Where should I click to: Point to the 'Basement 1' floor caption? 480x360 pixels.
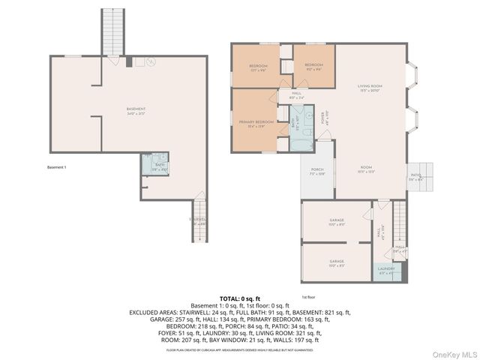tap(57, 166)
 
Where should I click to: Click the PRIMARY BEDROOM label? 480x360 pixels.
tap(256, 124)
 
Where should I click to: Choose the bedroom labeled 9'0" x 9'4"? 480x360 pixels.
tap(313, 67)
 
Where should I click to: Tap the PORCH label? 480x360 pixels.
tap(317, 172)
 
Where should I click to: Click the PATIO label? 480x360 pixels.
tap(416, 177)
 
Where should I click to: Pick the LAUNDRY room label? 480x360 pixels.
tap(386, 270)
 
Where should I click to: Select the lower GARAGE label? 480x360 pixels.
tap(337, 262)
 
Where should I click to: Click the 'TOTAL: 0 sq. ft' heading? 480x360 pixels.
tap(239, 298)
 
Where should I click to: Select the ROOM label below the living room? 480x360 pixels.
tap(366, 169)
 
